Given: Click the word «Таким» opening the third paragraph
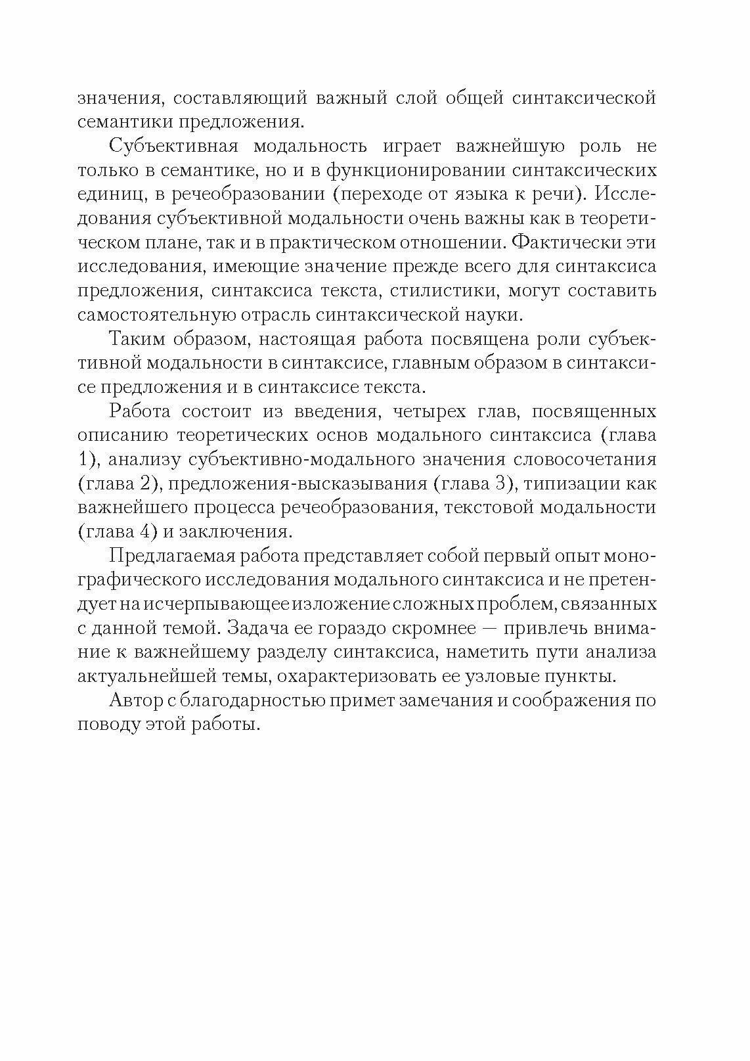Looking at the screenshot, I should click(136, 339).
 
